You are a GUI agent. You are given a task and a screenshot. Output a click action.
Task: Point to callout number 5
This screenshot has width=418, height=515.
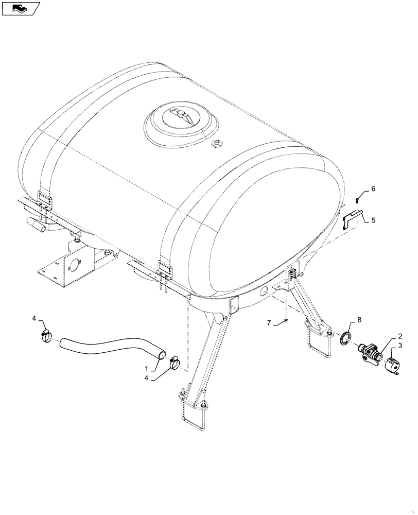click(373, 220)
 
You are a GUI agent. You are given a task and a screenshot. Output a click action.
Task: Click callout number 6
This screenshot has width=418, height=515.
click(373, 189)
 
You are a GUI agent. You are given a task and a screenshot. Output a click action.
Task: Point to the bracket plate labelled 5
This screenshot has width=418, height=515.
click(354, 218)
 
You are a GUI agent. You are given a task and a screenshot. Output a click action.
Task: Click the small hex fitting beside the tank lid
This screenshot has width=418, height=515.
click(217, 143)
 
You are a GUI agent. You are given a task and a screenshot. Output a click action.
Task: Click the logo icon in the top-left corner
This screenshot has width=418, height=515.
click(20, 8)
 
